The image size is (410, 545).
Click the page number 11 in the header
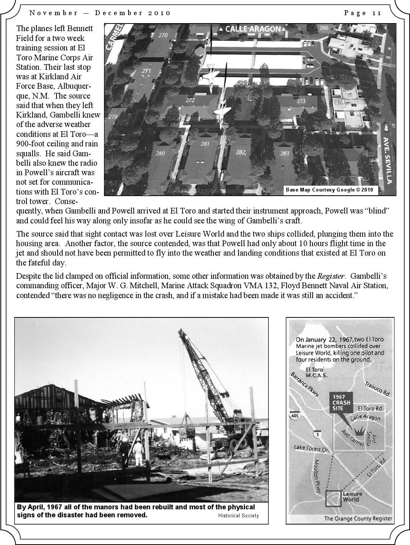pos(376,13)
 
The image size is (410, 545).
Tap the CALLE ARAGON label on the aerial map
pos(253,29)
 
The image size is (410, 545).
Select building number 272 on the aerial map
pos(190,101)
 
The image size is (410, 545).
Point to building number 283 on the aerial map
pos(284,153)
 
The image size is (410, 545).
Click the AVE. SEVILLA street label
pos(387,160)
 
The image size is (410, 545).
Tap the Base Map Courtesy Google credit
pos(329,190)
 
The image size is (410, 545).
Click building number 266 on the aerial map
pos(324,28)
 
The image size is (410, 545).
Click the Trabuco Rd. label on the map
pos(377,389)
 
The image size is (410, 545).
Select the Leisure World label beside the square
pos(352,496)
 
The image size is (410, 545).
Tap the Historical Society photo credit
pos(238,515)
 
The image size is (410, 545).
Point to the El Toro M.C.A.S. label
pos(314,372)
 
